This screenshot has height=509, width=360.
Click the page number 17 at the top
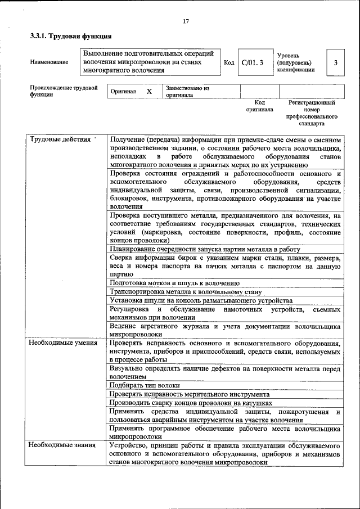185,21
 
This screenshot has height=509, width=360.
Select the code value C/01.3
252,62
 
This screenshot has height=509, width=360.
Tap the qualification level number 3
335,62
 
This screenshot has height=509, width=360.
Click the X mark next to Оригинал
148,91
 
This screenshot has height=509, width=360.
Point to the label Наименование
49,62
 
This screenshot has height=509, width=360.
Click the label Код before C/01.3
229,62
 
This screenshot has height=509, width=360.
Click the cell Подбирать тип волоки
145,385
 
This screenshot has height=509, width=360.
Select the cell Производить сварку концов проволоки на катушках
191,403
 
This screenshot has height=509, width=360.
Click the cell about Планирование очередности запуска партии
205,249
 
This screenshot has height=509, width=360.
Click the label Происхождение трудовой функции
64,91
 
